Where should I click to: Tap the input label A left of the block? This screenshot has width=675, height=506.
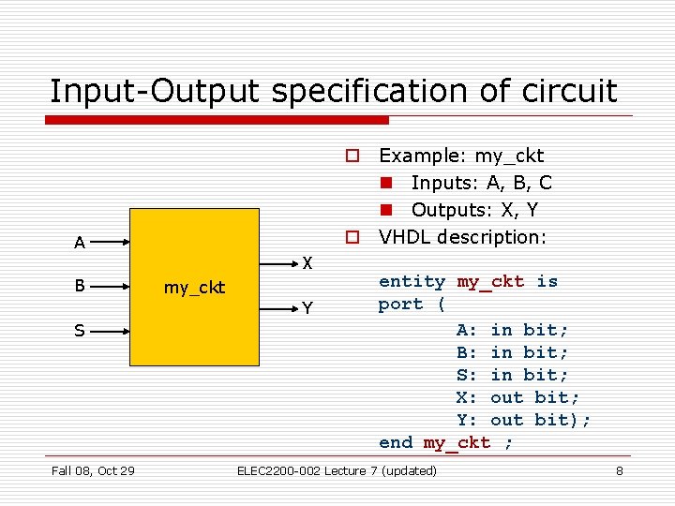pos(80,244)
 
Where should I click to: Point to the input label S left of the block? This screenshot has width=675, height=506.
pos(80,331)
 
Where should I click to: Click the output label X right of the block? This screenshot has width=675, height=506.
pos(307,262)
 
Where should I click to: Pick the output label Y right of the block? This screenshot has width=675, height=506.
pos(307,308)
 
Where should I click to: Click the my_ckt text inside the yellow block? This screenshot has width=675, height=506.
pos(194,288)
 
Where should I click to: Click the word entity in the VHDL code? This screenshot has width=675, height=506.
pos(412,281)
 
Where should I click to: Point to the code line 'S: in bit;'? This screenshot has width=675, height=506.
pos(512,375)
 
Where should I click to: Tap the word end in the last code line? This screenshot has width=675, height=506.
pos(396,442)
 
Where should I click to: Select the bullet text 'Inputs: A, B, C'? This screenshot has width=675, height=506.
pos(481,183)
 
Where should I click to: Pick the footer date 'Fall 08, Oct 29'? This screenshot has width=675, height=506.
pos(92,470)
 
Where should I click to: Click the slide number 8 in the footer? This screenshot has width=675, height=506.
pos(619,470)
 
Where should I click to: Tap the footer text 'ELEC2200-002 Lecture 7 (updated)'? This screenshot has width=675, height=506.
pos(337,470)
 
